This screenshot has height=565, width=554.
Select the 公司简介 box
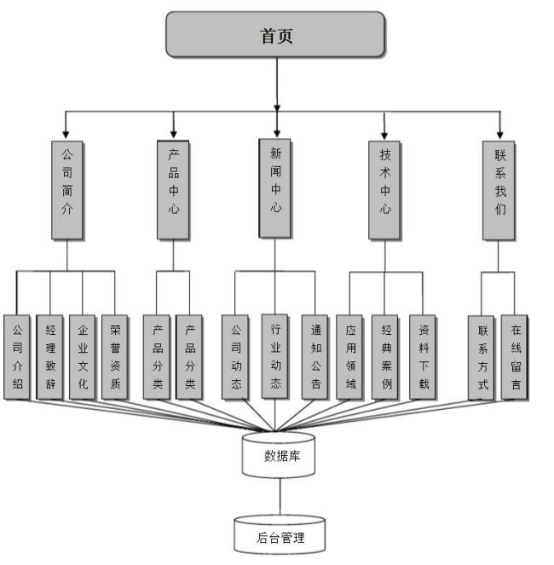point(67,188)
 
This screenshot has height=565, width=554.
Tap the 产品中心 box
point(174,188)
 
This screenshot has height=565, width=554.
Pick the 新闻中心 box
point(274,187)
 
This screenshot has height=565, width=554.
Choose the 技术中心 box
point(384,188)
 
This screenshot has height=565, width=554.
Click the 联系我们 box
point(499,188)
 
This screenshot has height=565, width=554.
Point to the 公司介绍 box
point(18,357)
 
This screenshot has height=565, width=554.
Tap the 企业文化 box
point(82,357)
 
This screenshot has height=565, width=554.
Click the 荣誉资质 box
point(115,357)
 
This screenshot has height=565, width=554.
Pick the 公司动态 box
point(236,357)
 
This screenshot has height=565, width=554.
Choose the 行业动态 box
point(275,357)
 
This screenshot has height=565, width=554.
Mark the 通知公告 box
point(315,357)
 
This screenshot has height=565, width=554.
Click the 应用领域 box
point(350,357)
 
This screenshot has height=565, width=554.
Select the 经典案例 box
point(386,357)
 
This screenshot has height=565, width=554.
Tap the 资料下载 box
point(424,357)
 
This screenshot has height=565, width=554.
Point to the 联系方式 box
point(482,357)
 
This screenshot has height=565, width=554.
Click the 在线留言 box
point(515,357)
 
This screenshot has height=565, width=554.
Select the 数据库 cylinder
point(280,455)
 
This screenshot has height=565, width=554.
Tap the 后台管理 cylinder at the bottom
point(280,536)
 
